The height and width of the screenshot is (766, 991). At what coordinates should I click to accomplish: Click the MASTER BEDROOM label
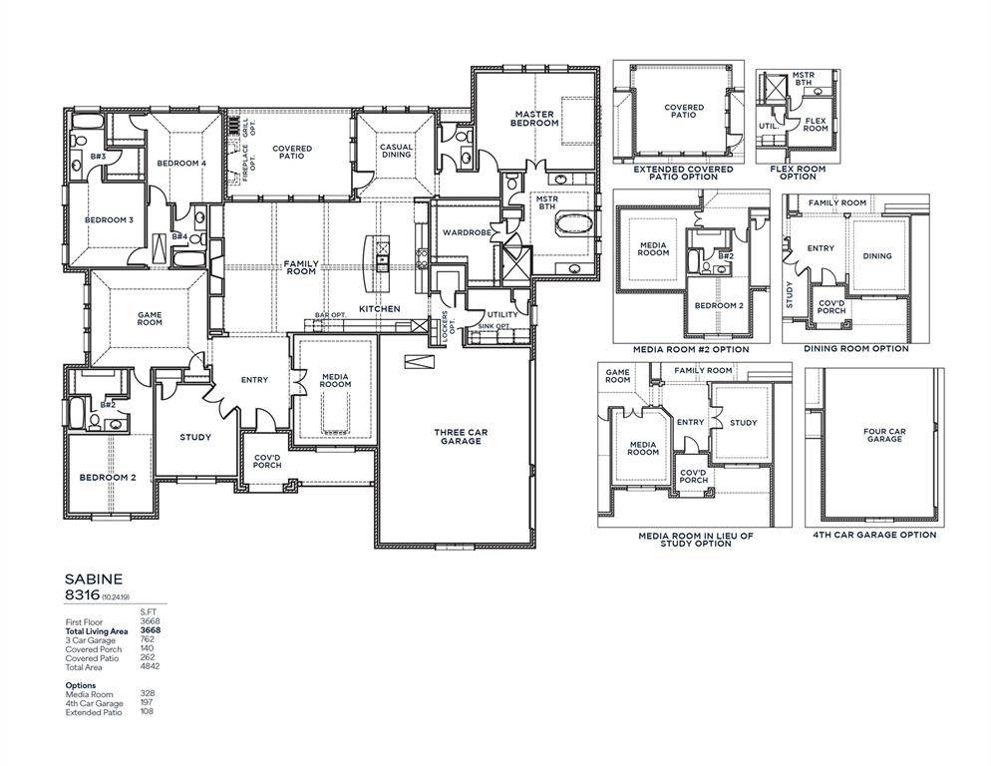(535, 119)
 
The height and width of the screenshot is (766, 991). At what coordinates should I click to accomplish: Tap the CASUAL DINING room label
(396, 151)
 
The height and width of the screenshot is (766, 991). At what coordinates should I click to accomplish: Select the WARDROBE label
(467, 232)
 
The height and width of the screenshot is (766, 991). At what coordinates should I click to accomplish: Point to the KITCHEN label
(379, 309)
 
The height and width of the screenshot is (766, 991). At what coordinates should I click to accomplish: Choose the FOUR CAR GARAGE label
(884, 435)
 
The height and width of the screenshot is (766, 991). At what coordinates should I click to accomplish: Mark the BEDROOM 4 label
(181, 163)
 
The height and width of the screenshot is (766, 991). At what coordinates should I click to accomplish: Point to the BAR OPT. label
(330, 315)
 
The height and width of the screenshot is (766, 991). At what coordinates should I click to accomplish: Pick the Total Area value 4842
(150, 667)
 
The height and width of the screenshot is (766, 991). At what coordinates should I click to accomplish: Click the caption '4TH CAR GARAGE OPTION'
(873, 535)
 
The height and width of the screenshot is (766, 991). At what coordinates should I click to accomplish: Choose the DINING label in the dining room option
(877, 256)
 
